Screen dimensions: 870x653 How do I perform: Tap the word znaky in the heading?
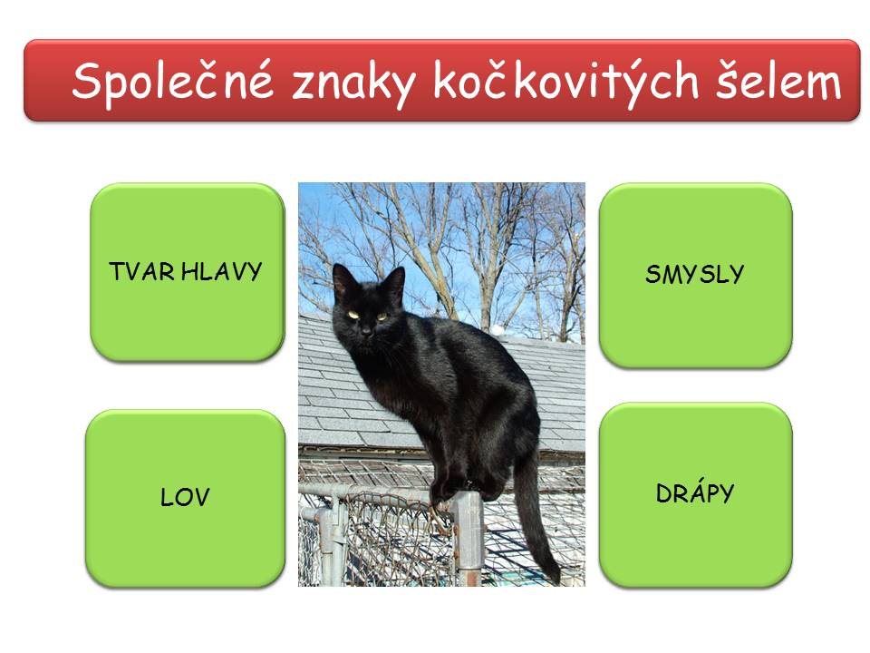tap(353, 84)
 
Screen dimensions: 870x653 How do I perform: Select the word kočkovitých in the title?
tap(565, 83)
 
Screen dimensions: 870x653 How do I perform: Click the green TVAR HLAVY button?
tap(188, 272)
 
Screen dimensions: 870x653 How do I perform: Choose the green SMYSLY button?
tap(695, 275)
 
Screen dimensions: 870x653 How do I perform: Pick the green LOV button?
tap(185, 498)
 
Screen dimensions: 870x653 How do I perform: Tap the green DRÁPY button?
tap(695, 494)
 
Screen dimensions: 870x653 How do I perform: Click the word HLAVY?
tap(222, 271)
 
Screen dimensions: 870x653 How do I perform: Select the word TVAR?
tap(142, 271)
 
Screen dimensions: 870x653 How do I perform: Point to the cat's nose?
tap(366, 332)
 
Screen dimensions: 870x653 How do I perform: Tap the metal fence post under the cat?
tap(469, 539)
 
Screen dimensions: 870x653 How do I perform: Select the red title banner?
tap(441, 80)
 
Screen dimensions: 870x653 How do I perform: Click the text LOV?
tap(185, 497)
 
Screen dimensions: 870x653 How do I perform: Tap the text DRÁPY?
tap(695, 492)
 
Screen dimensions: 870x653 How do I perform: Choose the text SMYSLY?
tap(695, 274)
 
